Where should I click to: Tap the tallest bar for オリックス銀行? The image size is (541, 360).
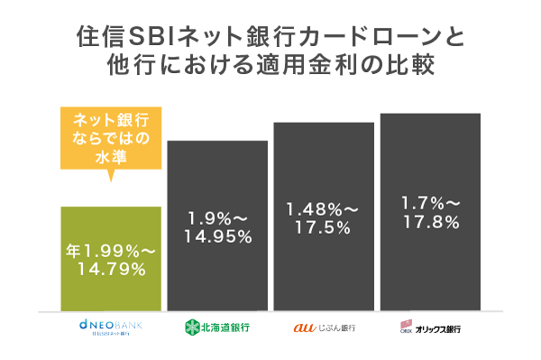point(429,262)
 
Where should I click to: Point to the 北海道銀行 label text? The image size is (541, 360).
point(226,327)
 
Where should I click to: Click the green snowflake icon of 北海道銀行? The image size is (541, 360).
point(191,327)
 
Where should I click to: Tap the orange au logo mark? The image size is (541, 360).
point(304,327)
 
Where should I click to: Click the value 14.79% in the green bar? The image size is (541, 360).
point(111,268)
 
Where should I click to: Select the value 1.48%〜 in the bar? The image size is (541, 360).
point(323,208)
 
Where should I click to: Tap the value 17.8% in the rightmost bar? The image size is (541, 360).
point(429,223)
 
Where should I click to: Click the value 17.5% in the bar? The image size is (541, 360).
point(323,227)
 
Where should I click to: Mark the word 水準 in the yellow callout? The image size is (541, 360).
point(110,158)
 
